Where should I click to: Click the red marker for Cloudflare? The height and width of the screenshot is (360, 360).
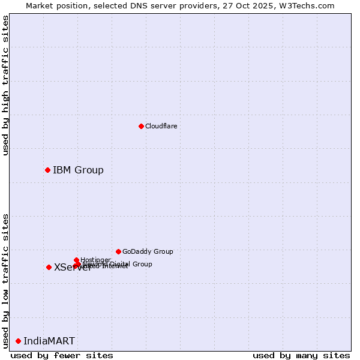point(141,126)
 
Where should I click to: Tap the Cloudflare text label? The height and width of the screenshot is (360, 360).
point(161,126)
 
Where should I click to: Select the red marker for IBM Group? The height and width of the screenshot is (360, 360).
point(47,170)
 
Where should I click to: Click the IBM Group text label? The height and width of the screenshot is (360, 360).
point(78,170)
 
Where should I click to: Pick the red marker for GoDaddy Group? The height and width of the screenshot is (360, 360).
point(118,251)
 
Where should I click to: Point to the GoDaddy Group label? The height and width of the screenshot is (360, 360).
point(148,251)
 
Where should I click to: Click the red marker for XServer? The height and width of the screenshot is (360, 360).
point(49,267)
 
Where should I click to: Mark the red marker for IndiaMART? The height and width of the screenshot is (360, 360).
point(18,341)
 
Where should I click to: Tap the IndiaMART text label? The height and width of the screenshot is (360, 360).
point(49,341)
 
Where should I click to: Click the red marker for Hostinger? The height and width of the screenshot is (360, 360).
point(76,260)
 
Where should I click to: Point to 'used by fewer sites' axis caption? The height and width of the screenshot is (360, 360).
point(62,355)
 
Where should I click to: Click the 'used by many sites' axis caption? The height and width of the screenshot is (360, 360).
point(301,355)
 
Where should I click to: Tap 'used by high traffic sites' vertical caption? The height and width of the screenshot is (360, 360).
point(5,85)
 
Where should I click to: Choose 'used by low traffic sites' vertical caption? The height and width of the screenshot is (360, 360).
point(5,280)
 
